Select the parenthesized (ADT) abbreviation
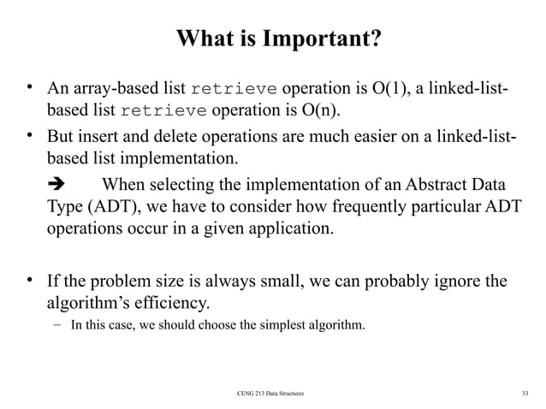pos(106,209)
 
